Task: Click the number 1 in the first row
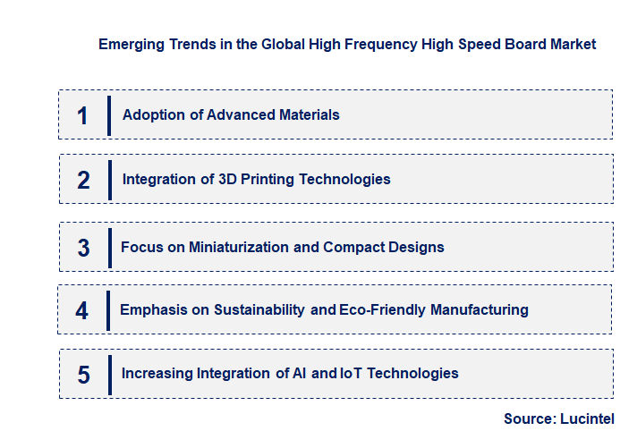click(x=82, y=115)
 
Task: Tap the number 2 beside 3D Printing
click(x=83, y=180)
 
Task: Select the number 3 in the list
click(x=83, y=248)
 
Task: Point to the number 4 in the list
click(x=82, y=310)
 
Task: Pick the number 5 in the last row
click(x=83, y=375)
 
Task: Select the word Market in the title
click(x=570, y=44)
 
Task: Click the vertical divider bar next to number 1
click(x=108, y=115)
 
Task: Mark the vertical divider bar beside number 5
click(x=108, y=374)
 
